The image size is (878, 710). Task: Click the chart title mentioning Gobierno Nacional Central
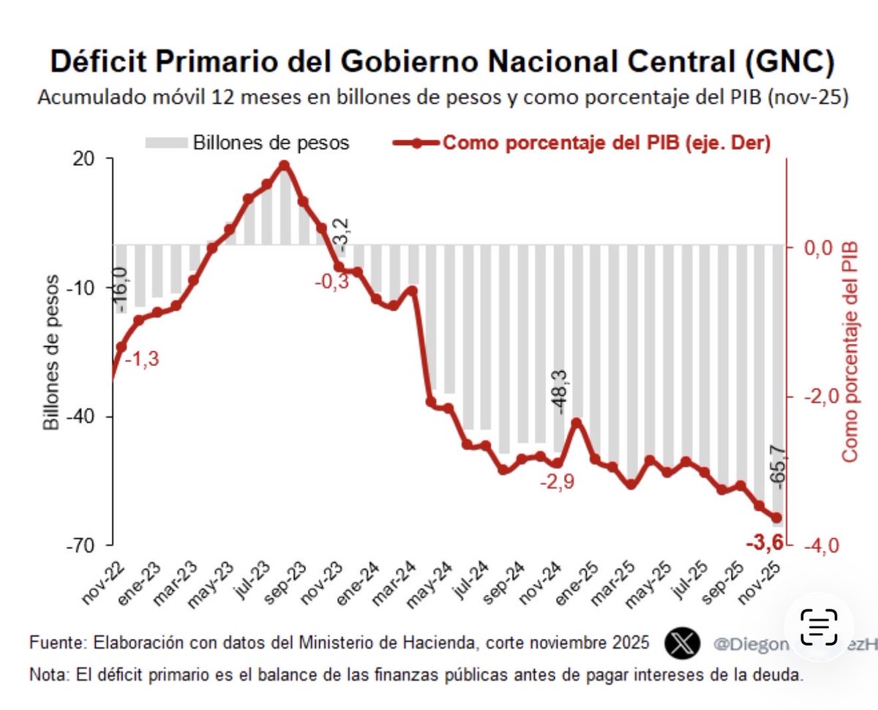click(442, 63)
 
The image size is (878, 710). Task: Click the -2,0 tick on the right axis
click(815, 396)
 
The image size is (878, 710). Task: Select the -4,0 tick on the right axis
click(815, 545)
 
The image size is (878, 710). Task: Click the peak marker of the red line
click(285, 165)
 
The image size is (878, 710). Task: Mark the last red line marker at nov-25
click(777, 517)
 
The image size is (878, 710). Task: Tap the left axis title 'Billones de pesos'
click(50, 351)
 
